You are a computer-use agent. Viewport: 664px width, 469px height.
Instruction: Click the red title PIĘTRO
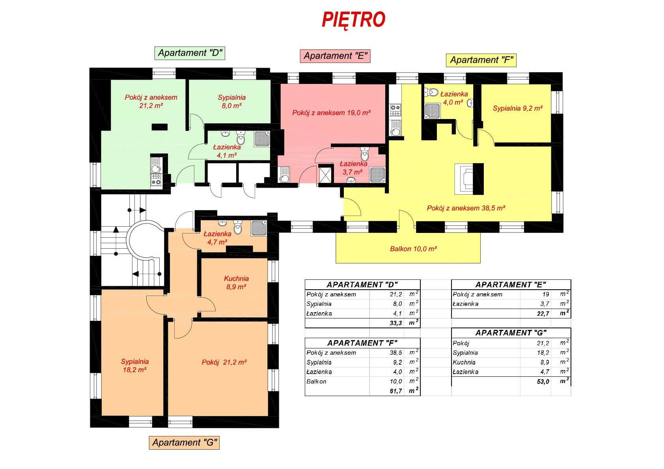(x=353, y=20)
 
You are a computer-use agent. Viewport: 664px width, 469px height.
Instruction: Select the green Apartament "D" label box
(x=190, y=53)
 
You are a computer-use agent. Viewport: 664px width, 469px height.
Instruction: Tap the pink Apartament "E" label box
(x=335, y=56)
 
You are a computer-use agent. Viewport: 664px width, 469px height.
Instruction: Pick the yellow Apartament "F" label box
(x=481, y=60)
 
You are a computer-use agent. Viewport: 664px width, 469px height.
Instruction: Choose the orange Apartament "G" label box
(x=184, y=443)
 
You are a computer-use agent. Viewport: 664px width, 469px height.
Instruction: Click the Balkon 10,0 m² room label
(x=413, y=249)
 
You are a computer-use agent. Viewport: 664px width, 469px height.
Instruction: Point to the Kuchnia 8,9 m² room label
(x=236, y=283)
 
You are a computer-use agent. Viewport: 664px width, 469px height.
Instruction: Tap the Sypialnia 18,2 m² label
(x=135, y=366)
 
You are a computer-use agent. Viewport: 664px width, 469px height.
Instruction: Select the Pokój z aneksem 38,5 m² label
(x=466, y=208)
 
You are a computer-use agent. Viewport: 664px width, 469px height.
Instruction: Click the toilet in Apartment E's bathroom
(x=365, y=154)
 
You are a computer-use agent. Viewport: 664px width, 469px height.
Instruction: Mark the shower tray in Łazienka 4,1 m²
(x=262, y=139)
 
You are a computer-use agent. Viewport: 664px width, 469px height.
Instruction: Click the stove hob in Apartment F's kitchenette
(x=395, y=110)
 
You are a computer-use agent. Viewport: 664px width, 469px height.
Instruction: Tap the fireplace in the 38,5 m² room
(x=469, y=179)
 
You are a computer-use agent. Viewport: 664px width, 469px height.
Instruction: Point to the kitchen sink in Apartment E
(x=284, y=175)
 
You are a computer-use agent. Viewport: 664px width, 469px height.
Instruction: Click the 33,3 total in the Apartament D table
(x=396, y=323)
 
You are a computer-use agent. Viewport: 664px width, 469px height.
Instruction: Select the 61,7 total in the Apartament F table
(x=396, y=391)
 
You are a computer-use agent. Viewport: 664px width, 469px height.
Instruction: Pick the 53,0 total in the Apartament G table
(x=543, y=382)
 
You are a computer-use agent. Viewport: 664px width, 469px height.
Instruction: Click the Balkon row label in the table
(x=316, y=382)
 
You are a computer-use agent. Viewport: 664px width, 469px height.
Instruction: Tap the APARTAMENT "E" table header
(x=511, y=285)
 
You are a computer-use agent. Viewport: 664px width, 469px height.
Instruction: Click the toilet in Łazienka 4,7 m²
(x=238, y=227)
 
